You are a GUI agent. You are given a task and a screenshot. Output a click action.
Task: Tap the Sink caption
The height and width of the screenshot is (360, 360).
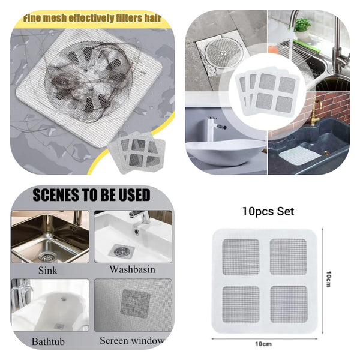tap(47, 270)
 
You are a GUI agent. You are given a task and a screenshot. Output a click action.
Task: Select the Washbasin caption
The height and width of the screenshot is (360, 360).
tap(132, 269)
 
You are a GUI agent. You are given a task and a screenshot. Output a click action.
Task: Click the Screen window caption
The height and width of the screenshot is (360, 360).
tap(131, 340)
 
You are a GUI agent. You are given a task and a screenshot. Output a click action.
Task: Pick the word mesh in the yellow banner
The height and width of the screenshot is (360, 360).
tap(64, 19)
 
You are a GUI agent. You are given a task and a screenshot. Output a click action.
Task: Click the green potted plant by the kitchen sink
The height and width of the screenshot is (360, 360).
tap(302, 25)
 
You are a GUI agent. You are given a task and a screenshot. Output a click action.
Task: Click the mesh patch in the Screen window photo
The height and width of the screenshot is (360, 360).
tap(135, 302)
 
